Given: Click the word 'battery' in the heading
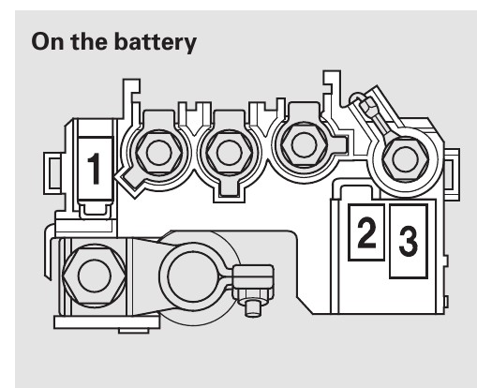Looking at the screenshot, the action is click(x=155, y=42).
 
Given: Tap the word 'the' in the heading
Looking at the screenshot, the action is click(x=88, y=41).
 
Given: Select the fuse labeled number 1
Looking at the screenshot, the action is click(x=95, y=168).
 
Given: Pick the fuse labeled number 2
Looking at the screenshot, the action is click(x=366, y=232).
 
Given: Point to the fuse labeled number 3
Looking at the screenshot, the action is click(x=409, y=241).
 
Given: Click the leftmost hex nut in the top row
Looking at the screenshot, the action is click(x=159, y=153).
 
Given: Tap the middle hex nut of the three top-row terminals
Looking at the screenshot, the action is click(x=230, y=154).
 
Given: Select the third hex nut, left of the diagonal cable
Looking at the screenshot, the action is click(x=304, y=144).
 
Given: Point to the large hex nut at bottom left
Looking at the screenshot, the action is click(x=95, y=276).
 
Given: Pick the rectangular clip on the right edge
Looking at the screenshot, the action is click(x=452, y=175).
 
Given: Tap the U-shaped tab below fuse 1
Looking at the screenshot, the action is click(x=96, y=211).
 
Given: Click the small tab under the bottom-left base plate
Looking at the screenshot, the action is click(x=134, y=331).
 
